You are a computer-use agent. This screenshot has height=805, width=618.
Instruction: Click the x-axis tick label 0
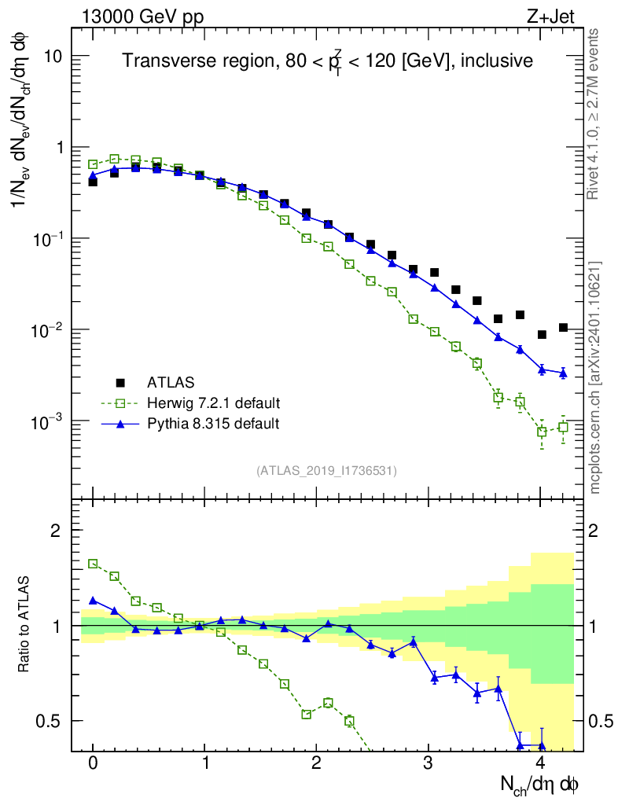(x=94, y=763)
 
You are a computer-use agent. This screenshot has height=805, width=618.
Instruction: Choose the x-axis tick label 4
(x=540, y=763)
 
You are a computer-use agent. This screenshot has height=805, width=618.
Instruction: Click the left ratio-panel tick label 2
(x=57, y=531)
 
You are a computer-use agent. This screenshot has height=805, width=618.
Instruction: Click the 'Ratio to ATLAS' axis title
(x=25, y=625)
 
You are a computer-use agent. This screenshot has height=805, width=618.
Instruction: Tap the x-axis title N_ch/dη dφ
(x=540, y=784)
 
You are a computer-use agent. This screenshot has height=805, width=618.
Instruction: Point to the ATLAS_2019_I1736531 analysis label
(x=326, y=471)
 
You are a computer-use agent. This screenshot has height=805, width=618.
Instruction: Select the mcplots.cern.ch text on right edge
(x=595, y=377)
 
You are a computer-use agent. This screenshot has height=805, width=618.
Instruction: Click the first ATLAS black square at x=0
(x=93, y=182)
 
